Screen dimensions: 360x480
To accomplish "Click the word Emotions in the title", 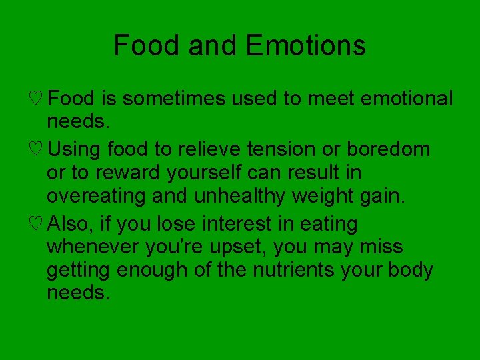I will (305, 45).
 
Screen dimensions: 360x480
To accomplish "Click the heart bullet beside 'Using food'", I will (37, 149).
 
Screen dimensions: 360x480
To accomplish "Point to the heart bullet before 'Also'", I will (37, 223).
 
